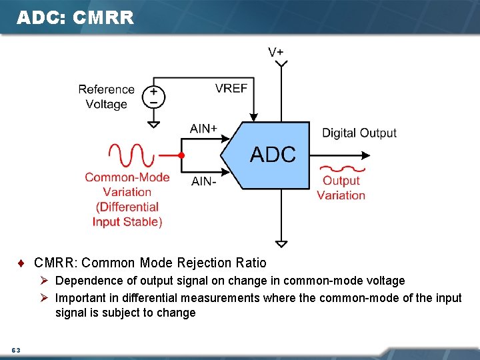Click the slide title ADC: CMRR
pos(75,18)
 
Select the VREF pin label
pos(231,88)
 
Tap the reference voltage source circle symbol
pos(153,97)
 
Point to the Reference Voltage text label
pos(106,97)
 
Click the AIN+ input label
pos(203,129)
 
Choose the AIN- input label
pos(203,181)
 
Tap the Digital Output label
pos(359,133)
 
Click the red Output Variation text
pos(341,188)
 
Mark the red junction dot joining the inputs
pos(181,155)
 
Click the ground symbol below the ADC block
pos(282,243)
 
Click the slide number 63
pos(16,351)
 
